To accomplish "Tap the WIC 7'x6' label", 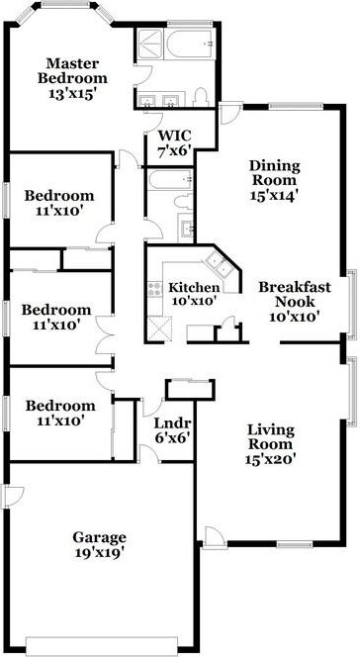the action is click(x=174, y=142).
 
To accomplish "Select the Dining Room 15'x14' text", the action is click(x=275, y=180).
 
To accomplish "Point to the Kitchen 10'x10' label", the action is click(x=194, y=294).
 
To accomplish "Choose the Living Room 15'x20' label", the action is click(x=270, y=444).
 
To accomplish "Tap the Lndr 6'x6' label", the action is click(x=172, y=430).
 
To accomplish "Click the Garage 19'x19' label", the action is click(x=99, y=544).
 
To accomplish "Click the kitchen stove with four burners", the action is click(x=155, y=289).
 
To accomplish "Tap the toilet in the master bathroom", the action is click(x=201, y=97).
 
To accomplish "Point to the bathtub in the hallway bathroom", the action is click(x=169, y=179).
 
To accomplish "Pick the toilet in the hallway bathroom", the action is click(x=185, y=201).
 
